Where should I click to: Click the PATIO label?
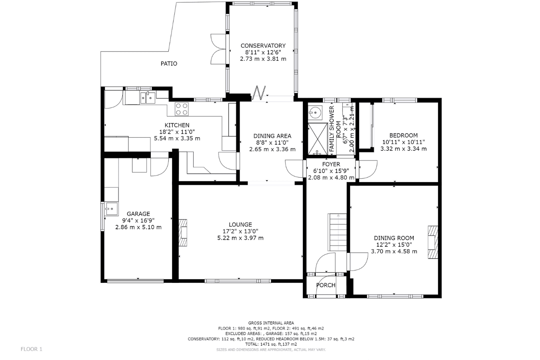169,64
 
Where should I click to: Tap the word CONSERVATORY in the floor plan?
263,46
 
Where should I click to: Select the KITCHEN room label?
177,125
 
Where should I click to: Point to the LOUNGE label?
240,225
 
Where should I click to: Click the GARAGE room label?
138,214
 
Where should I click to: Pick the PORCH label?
326,285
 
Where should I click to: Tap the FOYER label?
331,164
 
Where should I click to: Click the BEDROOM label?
403,136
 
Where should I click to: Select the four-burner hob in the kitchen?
182,109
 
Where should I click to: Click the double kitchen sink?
148,98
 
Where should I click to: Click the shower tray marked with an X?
318,139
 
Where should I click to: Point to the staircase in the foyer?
337,232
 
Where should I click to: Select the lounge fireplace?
182,232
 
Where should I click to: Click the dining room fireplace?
433,242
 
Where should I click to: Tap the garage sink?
111,209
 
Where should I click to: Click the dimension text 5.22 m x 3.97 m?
240,238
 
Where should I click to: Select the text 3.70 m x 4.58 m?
394,252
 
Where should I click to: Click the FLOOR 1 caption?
31,349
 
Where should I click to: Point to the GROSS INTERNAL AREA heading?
271,323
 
